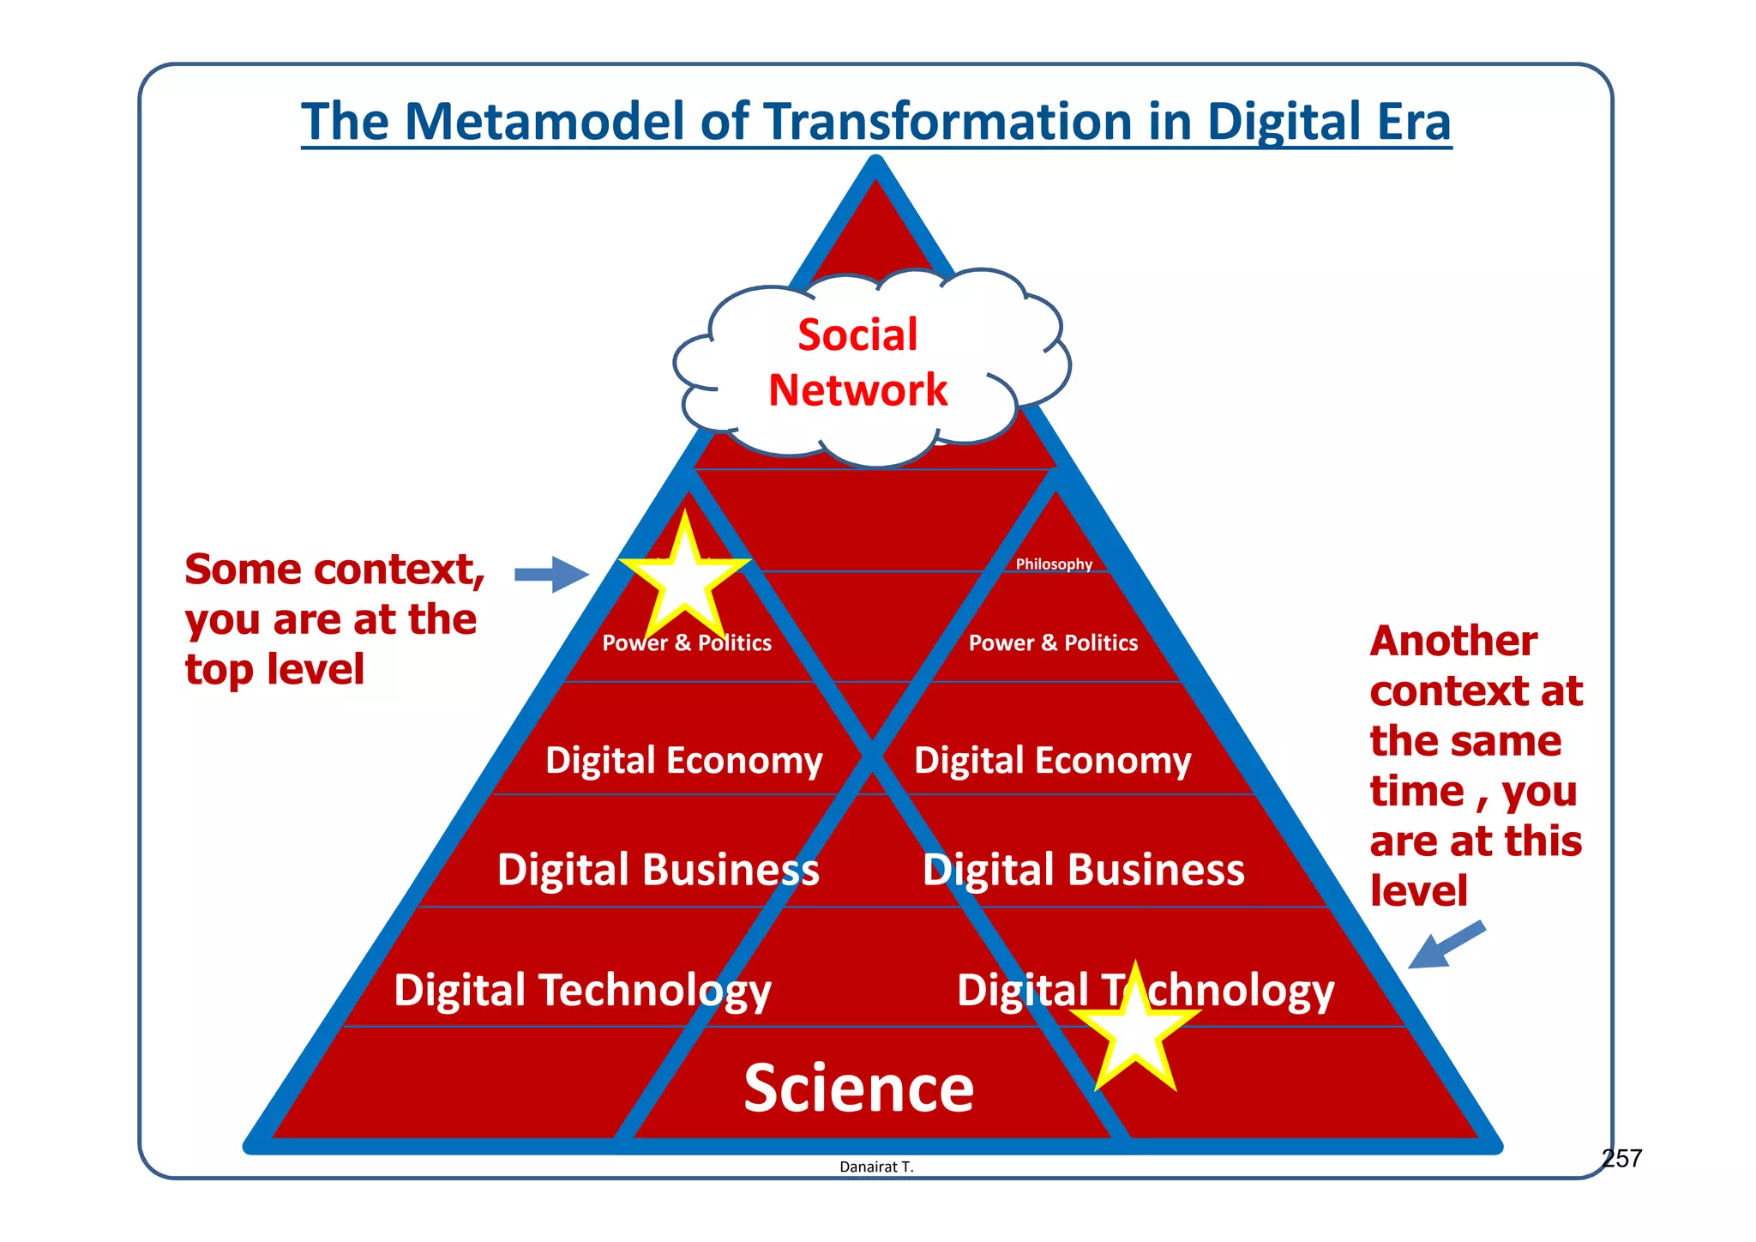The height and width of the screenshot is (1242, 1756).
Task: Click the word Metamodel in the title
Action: pyautogui.click(x=545, y=122)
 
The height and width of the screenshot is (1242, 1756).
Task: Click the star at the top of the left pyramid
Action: pyautogui.click(x=685, y=576)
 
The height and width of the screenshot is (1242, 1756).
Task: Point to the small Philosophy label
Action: pyautogui.click(x=1054, y=564)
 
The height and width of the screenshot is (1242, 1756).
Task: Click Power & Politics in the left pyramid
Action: pyautogui.click(x=686, y=643)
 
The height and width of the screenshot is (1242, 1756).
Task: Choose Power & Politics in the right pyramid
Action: pyautogui.click(x=1053, y=643)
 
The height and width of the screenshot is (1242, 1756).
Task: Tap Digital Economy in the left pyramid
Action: pyautogui.click(x=683, y=761)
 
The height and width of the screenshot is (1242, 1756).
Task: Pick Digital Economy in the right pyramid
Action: pyautogui.click(x=1052, y=761)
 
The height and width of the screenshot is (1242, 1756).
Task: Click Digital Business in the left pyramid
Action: pyautogui.click(x=658, y=870)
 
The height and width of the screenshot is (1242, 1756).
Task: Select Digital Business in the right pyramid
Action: pyautogui.click(x=1083, y=870)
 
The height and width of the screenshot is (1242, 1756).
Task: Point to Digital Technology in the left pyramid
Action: pyautogui.click(x=582, y=991)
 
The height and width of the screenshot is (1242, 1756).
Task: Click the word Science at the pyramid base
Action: pyautogui.click(x=858, y=1088)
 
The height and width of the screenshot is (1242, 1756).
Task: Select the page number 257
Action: pyautogui.click(x=1621, y=1159)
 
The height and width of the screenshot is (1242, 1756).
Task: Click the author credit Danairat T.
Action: pyautogui.click(x=876, y=1167)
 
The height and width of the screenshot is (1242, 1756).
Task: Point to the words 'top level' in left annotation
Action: pyautogui.click(x=274, y=670)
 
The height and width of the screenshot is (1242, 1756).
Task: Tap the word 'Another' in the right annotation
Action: pyautogui.click(x=1453, y=642)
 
